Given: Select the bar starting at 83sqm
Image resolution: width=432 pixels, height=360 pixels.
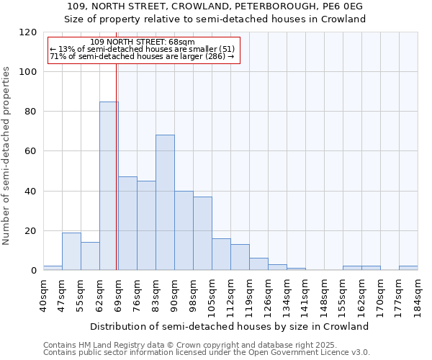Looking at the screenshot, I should [165, 202].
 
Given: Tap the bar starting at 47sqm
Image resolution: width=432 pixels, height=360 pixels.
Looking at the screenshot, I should [71, 251].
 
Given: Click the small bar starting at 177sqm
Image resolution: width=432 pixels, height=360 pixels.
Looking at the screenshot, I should [408, 268].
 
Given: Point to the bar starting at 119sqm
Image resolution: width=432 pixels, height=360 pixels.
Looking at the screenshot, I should [258, 264].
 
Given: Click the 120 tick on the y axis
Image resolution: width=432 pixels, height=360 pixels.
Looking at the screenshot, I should [28, 32].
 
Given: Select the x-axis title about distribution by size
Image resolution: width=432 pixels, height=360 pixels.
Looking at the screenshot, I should [230, 326].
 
